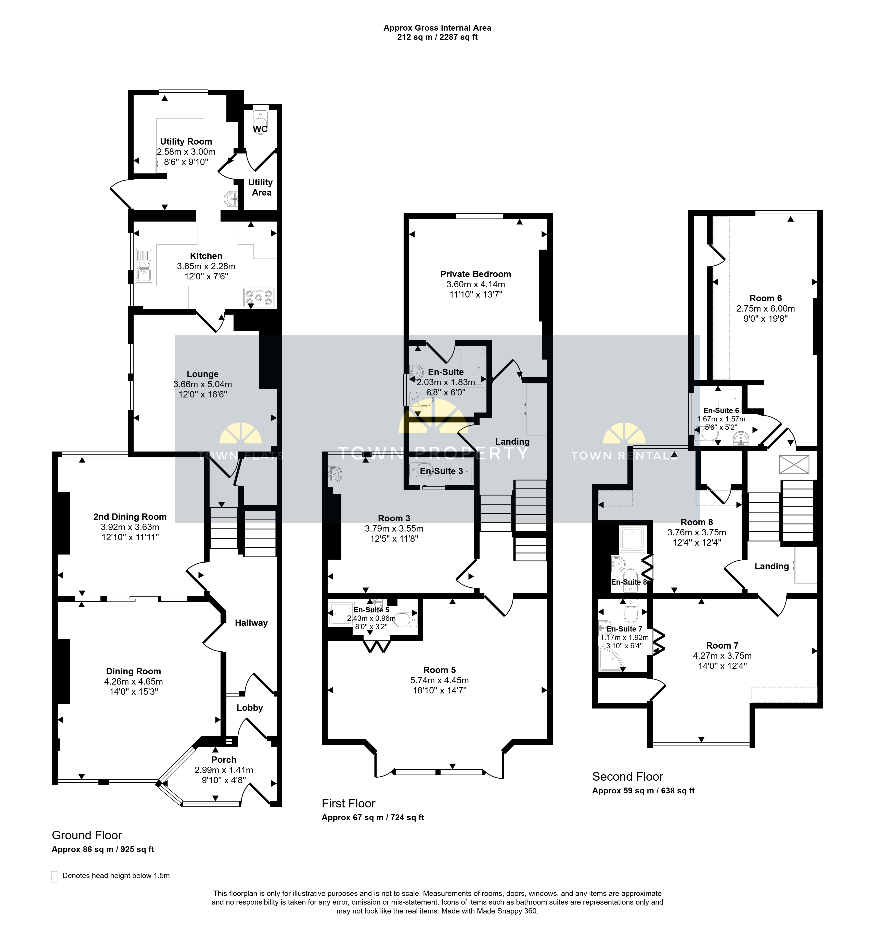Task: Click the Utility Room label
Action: tap(186, 141)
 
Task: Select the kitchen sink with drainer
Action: tap(144, 266)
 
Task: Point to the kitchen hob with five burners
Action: tap(259, 298)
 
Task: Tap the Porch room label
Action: tap(224, 759)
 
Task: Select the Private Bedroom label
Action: tap(476, 274)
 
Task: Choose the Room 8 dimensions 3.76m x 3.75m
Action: tap(697, 532)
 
